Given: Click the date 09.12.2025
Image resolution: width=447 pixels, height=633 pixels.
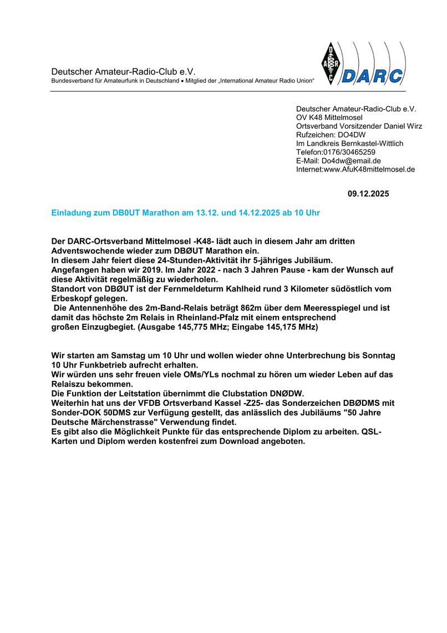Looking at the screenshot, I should coord(368,194).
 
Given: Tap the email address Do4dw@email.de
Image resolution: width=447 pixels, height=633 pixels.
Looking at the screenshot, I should coord(353,161).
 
